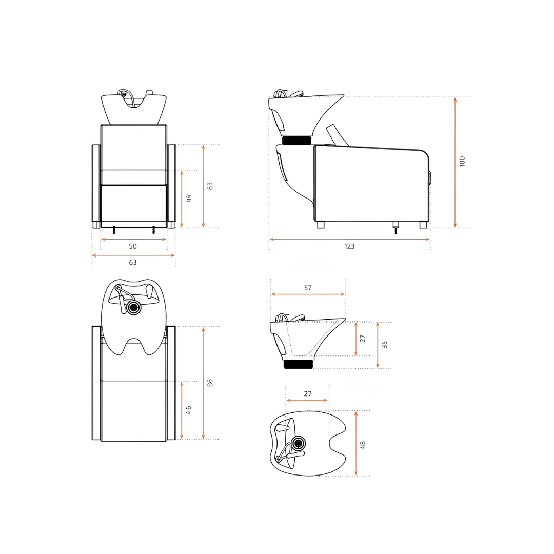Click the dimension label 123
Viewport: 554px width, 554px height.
[x=349, y=246]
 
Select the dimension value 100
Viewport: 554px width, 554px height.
[x=462, y=162]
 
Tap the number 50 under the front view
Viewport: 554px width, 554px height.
[x=133, y=246]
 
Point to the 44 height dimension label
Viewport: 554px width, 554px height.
[x=189, y=198]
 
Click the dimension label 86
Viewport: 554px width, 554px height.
[x=210, y=383]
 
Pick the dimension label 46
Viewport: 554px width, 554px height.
[x=188, y=410]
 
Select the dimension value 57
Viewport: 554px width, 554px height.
[x=308, y=288]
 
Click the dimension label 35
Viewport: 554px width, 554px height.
[x=384, y=345]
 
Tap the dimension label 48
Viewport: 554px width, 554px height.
[x=363, y=445]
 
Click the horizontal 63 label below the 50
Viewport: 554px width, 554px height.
[x=133, y=262]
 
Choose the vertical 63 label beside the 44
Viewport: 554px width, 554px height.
[x=210, y=186]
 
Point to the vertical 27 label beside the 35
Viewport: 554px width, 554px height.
[x=363, y=339]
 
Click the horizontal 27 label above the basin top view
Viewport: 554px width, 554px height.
[x=308, y=393]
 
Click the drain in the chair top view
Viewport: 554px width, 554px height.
[x=133, y=308]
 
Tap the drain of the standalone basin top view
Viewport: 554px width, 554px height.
[x=299, y=443]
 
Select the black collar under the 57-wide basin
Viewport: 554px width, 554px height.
[x=299, y=364]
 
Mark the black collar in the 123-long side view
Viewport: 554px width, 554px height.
[x=298, y=140]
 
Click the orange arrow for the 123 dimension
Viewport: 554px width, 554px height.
[x=349, y=239]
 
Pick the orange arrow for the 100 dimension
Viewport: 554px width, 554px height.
[x=455, y=163]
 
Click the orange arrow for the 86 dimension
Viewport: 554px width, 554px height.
[x=203, y=383]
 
